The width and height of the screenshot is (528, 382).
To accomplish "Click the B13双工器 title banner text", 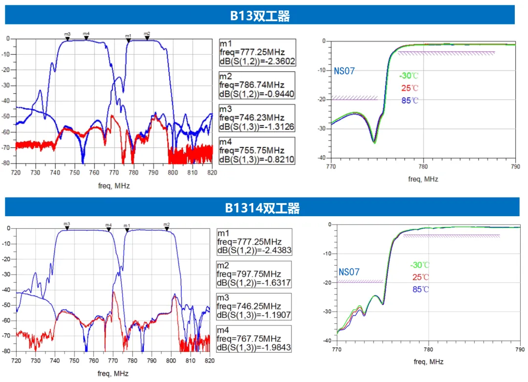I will (x=260, y=16).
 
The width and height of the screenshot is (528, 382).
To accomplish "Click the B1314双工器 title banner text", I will (x=263, y=208).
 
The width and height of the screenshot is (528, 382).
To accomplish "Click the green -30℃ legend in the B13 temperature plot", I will (x=409, y=76).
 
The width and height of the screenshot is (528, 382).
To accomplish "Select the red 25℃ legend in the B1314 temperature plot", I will (x=420, y=277).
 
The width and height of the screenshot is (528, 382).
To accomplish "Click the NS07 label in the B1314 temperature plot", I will (x=349, y=272).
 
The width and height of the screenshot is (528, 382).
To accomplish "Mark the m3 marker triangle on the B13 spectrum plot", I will (x=67, y=38).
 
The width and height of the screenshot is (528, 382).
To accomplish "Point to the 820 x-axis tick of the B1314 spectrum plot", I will (x=209, y=360).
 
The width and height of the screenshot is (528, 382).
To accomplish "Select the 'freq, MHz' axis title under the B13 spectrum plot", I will (x=113, y=186).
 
